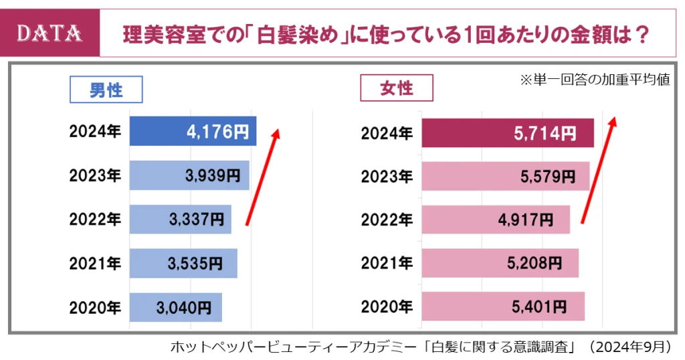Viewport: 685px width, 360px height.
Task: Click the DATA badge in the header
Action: pos(50,32)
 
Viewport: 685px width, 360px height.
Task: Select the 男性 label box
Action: pos(106,90)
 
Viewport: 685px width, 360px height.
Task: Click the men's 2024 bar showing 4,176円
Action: pos(193,132)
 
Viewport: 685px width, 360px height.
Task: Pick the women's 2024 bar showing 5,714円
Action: pos(507,132)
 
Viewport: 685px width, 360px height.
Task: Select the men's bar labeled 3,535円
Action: pos(183,263)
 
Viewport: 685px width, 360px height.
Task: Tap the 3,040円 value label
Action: pos(184,307)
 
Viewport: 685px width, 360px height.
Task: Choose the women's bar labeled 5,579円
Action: pos(505,176)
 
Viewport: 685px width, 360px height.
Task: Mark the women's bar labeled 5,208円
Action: pos(500,263)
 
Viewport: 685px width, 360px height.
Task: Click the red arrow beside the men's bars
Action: pos(263,176)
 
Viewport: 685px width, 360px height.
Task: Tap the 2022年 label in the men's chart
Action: pos(95,219)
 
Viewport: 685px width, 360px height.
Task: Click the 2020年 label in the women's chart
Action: pos(387,307)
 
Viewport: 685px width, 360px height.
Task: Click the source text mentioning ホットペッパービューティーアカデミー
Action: pos(420,347)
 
